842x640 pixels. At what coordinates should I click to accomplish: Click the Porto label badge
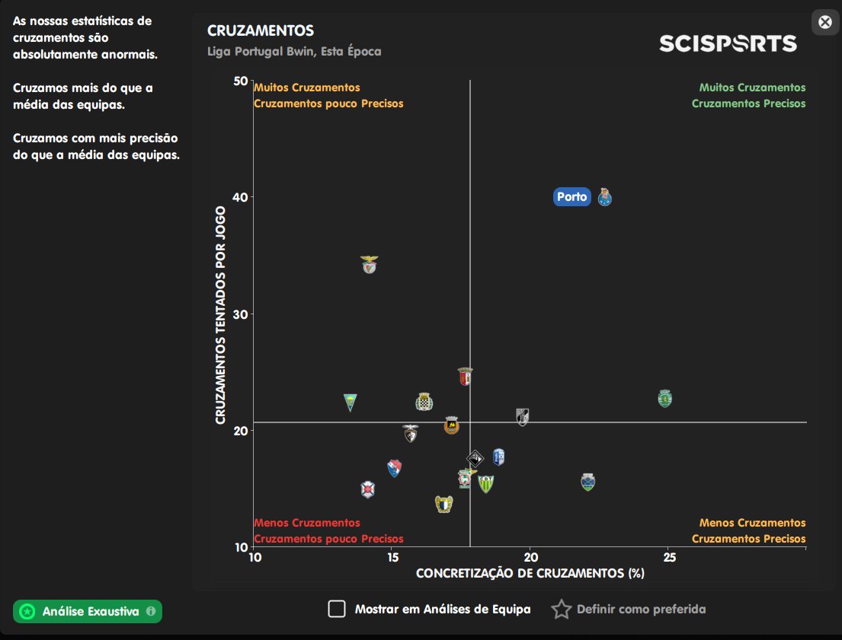click(x=571, y=197)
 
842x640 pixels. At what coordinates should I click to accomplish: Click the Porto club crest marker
click(x=605, y=197)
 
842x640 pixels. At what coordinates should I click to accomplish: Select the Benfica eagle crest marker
click(x=370, y=264)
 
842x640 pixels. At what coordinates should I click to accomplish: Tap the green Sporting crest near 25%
click(x=666, y=398)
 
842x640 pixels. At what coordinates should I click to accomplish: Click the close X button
click(x=824, y=22)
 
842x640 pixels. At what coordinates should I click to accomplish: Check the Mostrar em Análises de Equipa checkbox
click(x=337, y=609)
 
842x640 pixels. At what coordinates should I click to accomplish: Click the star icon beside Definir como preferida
click(x=562, y=609)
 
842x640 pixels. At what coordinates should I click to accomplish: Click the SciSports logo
click(x=728, y=43)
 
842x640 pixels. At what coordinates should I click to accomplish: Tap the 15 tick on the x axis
click(x=392, y=558)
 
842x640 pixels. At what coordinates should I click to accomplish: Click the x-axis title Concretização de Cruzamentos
click(x=530, y=573)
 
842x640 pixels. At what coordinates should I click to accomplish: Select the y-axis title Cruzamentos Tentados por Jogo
click(x=221, y=315)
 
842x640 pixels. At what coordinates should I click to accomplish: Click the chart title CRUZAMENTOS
click(x=261, y=31)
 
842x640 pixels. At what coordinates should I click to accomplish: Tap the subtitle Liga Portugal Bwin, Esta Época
click(x=294, y=52)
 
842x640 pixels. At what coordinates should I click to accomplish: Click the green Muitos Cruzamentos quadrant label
click(x=752, y=88)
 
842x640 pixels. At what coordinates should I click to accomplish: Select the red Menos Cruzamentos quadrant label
click(x=307, y=523)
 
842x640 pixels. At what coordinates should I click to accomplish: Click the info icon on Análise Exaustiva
click(x=151, y=611)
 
